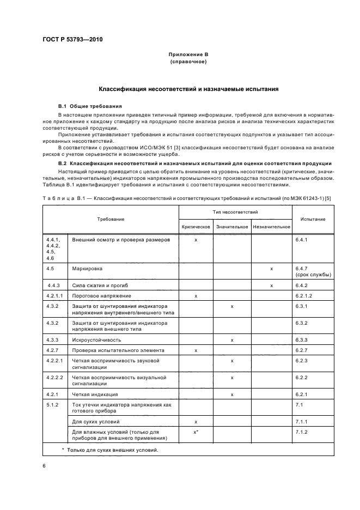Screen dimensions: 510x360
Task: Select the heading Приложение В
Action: pos(187,56)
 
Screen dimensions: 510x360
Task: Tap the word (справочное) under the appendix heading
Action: pos(187,62)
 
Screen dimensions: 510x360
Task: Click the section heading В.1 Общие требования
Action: pos(90,106)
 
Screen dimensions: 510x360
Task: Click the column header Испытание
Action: pos(312,219)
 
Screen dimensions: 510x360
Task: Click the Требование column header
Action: pos(111,219)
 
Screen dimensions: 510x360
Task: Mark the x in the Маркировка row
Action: pos(271,269)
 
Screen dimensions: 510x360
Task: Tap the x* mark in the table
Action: pos(196,432)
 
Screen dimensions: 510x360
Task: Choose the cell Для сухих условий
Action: pos(96,422)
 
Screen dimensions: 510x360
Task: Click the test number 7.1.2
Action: pos(302,432)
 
